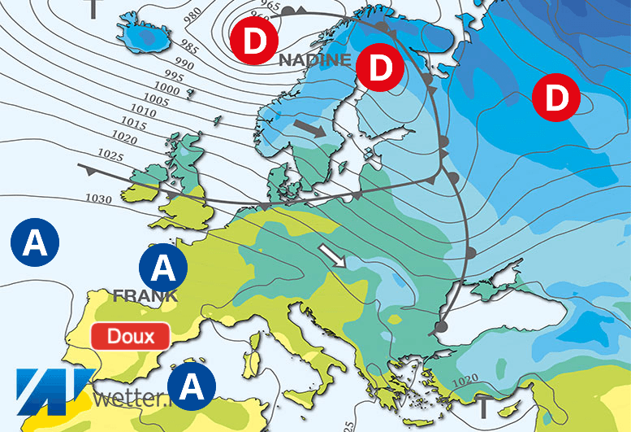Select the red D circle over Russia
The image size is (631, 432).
(x=555, y=99)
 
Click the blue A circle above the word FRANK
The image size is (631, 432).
(x=163, y=266)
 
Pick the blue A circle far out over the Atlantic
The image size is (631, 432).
(x=34, y=242)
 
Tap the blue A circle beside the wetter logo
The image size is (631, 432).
(x=192, y=385)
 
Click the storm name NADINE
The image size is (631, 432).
(x=315, y=60)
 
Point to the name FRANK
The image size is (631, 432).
(x=146, y=295)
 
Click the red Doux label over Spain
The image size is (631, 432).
(x=130, y=336)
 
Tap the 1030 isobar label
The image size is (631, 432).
(x=98, y=199)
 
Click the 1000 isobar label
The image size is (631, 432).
(x=167, y=88)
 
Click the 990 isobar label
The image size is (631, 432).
(x=184, y=64)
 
